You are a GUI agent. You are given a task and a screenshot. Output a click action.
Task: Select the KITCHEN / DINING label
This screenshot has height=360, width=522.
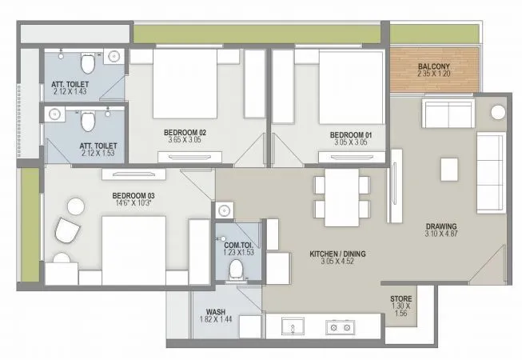tap(337, 254)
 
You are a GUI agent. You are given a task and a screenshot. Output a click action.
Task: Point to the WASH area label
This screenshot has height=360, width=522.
tap(215, 311)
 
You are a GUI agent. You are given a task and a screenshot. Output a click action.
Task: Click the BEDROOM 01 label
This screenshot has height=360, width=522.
tap(348, 135)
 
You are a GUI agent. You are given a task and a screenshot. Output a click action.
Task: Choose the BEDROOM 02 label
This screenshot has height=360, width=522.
tap(186, 130)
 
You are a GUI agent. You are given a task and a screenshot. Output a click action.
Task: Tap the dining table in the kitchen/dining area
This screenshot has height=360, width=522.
tap(341, 196)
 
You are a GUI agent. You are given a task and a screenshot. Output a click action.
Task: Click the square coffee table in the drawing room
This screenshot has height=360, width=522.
tap(449, 168)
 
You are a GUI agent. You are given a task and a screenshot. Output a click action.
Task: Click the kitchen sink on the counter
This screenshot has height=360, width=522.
tap(292, 327)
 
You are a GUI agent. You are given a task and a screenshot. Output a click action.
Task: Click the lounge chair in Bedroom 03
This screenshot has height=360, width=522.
tap(68, 232)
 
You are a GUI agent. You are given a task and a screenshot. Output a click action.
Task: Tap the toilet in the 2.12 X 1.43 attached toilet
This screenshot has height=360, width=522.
tap(86, 62)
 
